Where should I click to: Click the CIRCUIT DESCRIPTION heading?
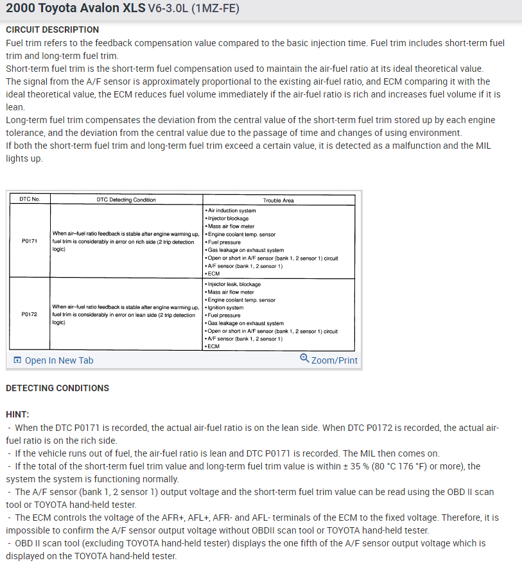[52, 29]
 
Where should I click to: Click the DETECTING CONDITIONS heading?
[57, 388]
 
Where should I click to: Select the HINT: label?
[17, 414]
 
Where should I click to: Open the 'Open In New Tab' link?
[58, 360]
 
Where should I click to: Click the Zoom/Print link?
[334, 360]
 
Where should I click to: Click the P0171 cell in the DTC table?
[30, 242]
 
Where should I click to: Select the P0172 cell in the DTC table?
[30, 315]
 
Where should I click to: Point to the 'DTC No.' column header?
[30, 199]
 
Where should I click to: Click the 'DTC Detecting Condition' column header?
[126, 199]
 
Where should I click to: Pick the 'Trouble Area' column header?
[278, 200]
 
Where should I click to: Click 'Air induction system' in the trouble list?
[231, 210]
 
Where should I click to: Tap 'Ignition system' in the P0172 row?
[225, 308]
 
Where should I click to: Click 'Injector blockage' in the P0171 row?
[228, 219]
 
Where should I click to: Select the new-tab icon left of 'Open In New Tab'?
[17, 360]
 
